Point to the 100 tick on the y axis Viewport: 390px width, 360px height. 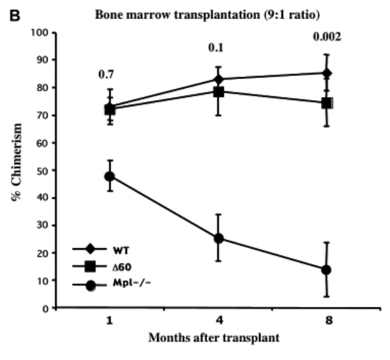[x=43, y=32]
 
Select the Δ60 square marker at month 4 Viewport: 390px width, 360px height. [x=218, y=92]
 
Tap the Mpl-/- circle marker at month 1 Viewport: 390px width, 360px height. [x=109, y=177]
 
